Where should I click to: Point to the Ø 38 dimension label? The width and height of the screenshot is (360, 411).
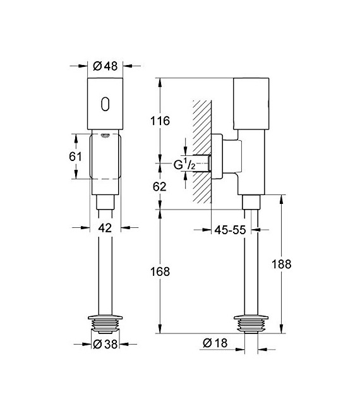click(105, 344)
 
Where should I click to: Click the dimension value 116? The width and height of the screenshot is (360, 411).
click(161, 121)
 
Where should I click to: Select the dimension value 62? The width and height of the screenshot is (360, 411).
click(161, 187)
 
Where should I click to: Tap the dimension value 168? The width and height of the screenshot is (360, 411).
click(161, 272)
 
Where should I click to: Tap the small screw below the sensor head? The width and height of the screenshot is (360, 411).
click(105, 134)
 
